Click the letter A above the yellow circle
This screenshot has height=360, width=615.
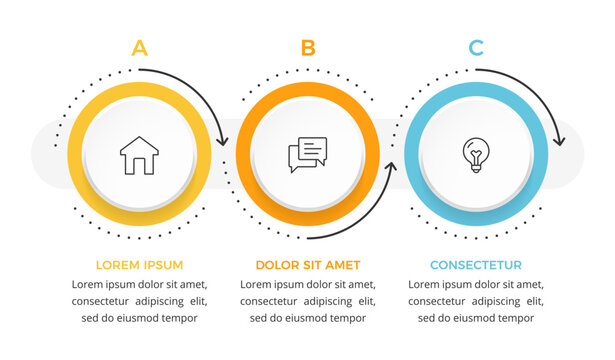point(139,47)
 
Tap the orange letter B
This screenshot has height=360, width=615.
point(308,47)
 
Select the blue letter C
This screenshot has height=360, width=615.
point(476,47)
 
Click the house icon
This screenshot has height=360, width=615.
point(139,156)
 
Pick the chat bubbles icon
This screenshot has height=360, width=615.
point(307,154)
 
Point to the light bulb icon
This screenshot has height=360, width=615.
point(476,154)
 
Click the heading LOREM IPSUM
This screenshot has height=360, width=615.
point(139,265)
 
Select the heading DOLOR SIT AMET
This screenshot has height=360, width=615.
point(307,265)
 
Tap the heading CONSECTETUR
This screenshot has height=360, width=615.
point(476,265)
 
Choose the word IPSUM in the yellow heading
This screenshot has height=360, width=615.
point(162,265)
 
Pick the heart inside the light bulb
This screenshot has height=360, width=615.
point(476,152)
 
